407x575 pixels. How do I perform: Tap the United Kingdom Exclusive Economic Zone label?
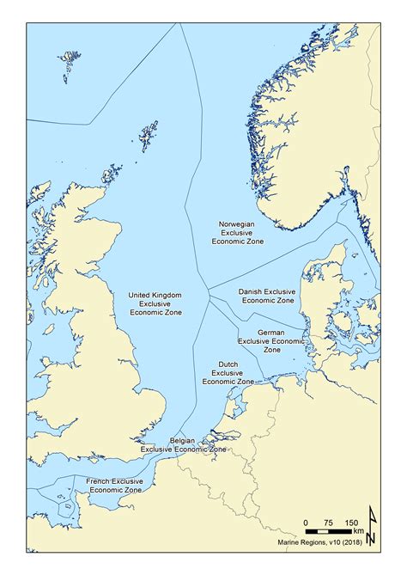pyautogui.click(x=155, y=304)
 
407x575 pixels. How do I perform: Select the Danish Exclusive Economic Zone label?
pyautogui.click(x=268, y=297)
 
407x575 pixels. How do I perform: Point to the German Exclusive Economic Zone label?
pyautogui.click(x=271, y=340)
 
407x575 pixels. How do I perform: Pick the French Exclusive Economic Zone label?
pyautogui.click(x=114, y=485)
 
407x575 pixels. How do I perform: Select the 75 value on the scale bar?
pyautogui.click(x=329, y=523)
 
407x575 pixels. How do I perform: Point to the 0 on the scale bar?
pyautogui.click(x=307, y=523)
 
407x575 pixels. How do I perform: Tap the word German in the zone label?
pyautogui.click(x=271, y=331)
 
